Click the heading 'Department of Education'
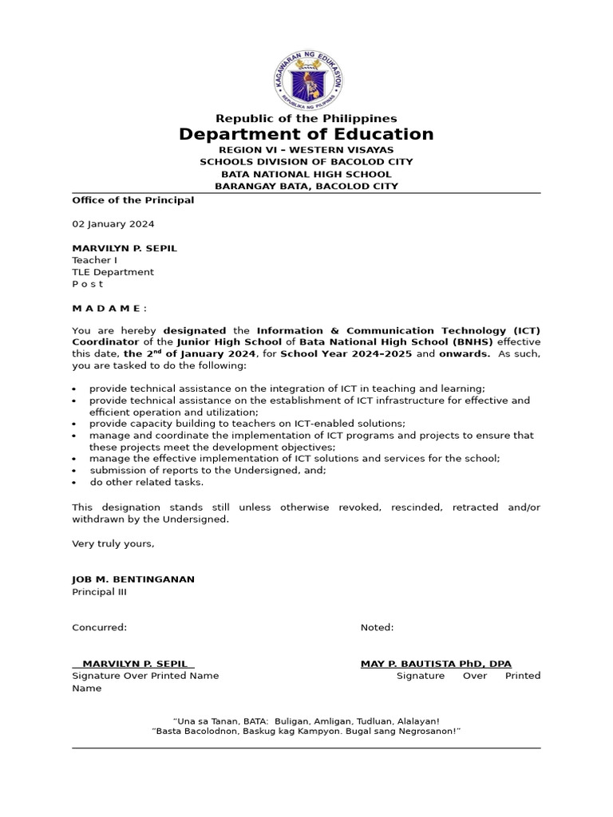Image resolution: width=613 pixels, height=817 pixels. pyautogui.click(x=306, y=134)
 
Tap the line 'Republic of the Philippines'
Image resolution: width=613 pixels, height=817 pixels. pyautogui.click(x=306, y=118)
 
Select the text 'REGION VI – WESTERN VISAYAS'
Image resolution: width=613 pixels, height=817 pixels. pyautogui.click(x=306, y=149)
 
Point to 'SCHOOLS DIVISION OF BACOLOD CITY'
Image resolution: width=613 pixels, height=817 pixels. pyautogui.click(x=306, y=161)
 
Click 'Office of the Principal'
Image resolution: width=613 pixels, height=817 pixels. pyautogui.click(x=132, y=200)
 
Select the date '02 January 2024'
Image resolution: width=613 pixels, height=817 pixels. pyautogui.click(x=113, y=224)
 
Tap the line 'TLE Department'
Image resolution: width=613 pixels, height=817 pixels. pyautogui.click(x=113, y=272)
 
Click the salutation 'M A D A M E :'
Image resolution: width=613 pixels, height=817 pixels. pyautogui.click(x=109, y=308)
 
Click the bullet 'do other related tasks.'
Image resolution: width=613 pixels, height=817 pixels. pyautogui.click(x=146, y=482)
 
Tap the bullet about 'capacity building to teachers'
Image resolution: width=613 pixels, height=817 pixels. pyautogui.click(x=247, y=424)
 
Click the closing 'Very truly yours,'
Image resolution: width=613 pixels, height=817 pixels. pyautogui.click(x=113, y=543)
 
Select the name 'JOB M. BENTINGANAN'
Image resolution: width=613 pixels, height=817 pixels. pyautogui.click(x=132, y=579)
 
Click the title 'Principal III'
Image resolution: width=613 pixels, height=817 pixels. pyautogui.click(x=99, y=592)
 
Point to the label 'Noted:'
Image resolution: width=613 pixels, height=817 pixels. pyautogui.click(x=377, y=627)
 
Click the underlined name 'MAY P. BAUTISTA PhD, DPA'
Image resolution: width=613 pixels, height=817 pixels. pyautogui.click(x=436, y=664)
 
